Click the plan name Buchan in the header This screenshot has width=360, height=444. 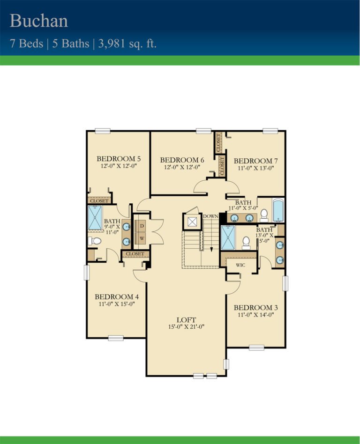(39, 21)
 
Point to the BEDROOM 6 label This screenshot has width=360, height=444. (182, 160)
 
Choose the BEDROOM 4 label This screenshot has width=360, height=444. (117, 296)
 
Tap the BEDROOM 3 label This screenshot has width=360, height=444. (255, 308)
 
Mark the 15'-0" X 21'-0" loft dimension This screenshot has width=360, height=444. (187, 326)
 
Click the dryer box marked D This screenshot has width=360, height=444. (142, 225)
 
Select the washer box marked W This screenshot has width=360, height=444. (142, 238)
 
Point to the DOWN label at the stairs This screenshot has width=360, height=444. (210, 216)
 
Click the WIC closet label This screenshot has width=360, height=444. (240, 265)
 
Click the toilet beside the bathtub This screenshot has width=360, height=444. (264, 215)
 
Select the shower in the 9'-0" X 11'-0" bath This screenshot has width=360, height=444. (95, 218)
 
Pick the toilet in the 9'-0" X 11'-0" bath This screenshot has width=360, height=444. (95, 241)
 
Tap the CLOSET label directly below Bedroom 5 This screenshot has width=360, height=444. (99, 201)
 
